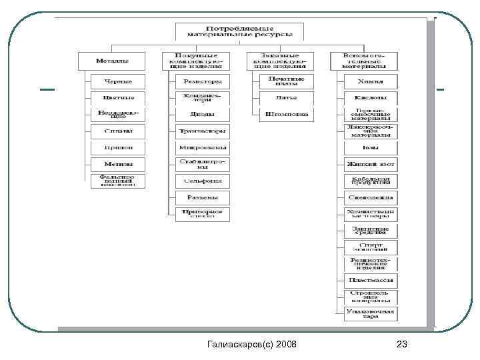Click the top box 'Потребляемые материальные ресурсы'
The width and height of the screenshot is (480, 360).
239,31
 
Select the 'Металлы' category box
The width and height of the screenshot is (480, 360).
112,61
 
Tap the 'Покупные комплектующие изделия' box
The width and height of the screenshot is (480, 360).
194,61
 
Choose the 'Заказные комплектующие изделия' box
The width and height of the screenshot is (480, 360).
279,61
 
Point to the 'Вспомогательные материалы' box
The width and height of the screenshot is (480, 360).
363,61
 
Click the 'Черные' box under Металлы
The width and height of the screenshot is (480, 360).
117,81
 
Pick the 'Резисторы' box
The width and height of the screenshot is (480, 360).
202,81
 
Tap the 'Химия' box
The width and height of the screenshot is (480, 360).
371,81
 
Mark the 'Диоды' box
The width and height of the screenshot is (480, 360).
202,114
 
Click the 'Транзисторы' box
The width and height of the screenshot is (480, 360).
202,131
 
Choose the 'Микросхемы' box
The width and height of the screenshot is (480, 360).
202,147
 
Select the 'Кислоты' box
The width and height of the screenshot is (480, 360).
371,98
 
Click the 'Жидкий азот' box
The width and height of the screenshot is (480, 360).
371,164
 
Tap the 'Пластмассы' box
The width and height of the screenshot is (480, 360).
371,281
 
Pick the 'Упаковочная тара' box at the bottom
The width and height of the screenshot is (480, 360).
371,313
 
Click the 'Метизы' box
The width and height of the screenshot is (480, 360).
117,164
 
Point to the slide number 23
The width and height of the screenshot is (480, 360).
401,344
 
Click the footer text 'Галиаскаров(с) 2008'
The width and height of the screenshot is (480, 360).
253,344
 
